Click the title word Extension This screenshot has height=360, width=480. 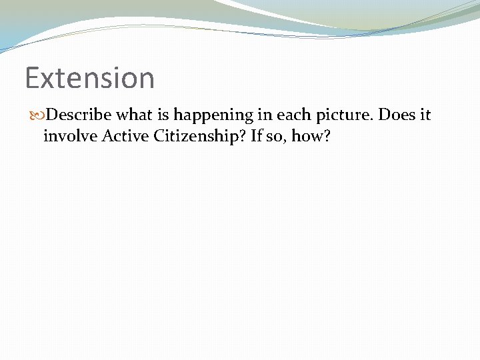(x=89, y=77)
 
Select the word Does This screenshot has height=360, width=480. (x=396, y=115)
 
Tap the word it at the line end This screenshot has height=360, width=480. (x=425, y=115)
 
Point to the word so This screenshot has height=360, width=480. (x=282, y=137)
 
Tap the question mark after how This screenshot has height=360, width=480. (x=329, y=136)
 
